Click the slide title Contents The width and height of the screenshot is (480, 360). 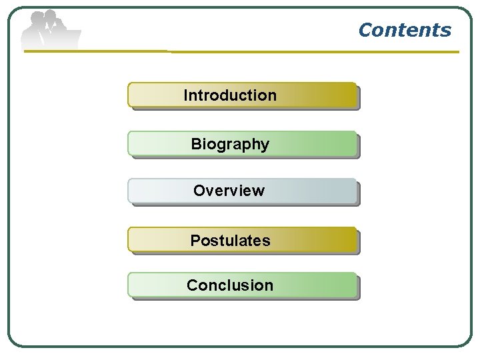(x=404, y=30)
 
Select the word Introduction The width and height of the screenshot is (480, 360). (x=230, y=95)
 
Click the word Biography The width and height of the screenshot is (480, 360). (x=230, y=144)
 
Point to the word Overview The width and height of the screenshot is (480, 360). (x=229, y=191)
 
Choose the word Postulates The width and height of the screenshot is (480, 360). (x=230, y=241)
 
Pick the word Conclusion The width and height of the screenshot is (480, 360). (x=230, y=285)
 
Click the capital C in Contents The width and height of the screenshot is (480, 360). (x=365, y=30)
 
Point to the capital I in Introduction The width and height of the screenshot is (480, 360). (x=185, y=95)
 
